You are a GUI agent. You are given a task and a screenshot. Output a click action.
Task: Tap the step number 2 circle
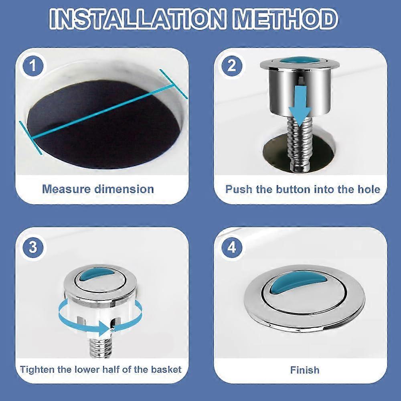click(232, 66)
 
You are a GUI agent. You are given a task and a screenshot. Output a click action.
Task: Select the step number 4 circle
click(232, 247)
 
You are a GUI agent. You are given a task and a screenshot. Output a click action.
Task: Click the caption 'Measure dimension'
click(98, 189)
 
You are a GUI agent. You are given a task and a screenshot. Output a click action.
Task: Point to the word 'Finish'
click(305, 369)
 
